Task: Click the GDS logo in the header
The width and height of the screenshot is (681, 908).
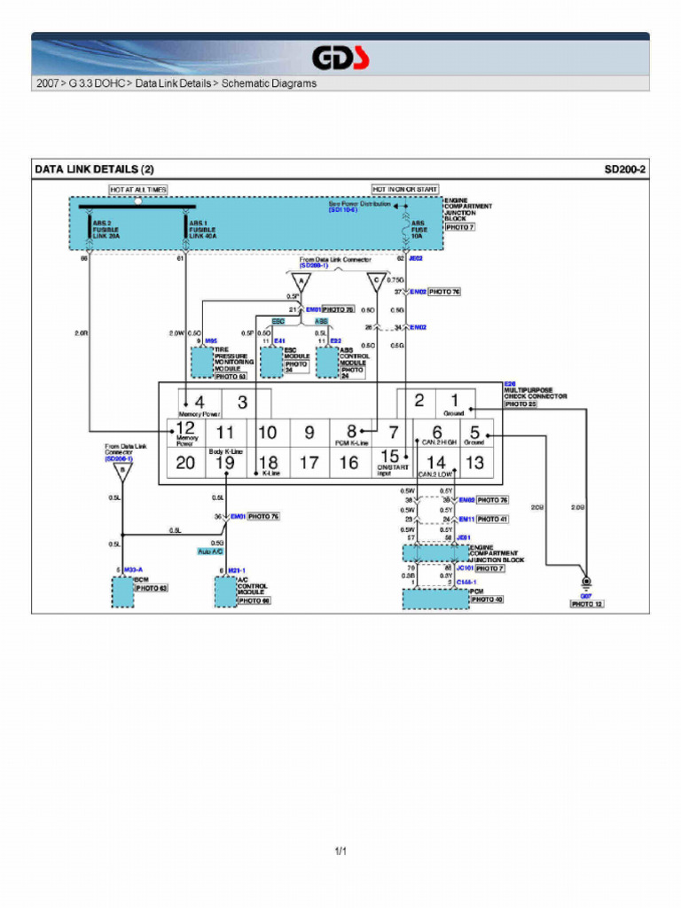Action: coord(340,59)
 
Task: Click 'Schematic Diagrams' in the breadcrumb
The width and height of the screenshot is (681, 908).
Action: coord(269,84)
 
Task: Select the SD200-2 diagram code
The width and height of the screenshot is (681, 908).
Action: coord(624,168)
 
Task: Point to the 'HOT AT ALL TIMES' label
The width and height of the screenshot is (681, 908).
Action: coord(138,190)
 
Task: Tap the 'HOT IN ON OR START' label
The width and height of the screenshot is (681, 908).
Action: coord(404,190)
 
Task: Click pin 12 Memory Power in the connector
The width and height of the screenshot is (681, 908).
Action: coord(186,433)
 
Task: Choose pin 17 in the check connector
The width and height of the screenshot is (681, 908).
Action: coord(309,462)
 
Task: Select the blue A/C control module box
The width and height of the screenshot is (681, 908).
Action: coord(226,591)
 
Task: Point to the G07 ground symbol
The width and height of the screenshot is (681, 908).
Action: coord(586,584)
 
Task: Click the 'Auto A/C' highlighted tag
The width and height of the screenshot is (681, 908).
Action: coord(210,552)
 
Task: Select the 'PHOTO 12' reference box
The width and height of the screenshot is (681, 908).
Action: coord(587,604)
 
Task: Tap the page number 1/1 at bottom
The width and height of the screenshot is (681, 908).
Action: coord(340,853)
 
